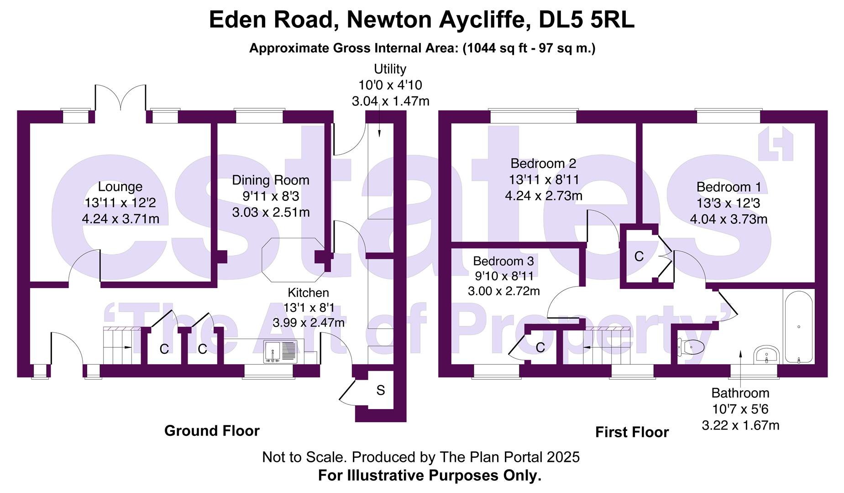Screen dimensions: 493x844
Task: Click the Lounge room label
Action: click(x=120, y=187)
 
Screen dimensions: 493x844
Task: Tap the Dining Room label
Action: click(x=270, y=180)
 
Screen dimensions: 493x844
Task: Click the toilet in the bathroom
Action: click(x=691, y=347)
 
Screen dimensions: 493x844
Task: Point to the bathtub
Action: click(x=798, y=326)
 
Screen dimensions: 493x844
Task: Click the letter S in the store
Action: click(x=380, y=390)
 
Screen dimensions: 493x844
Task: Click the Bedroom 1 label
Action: click(x=729, y=187)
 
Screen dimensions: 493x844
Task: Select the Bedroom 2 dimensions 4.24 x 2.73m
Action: click(x=544, y=196)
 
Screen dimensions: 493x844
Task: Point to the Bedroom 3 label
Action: click(x=503, y=261)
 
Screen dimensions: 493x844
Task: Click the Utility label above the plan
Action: click(x=390, y=69)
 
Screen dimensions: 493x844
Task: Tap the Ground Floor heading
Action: click(x=212, y=430)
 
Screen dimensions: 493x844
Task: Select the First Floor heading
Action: click(x=632, y=432)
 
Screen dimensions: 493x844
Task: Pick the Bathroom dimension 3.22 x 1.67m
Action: click(x=740, y=425)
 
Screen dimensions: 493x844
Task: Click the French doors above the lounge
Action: click(x=121, y=98)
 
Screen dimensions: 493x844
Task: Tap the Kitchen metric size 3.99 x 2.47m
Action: click(x=309, y=323)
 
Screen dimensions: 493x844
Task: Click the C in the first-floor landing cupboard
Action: click(x=639, y=257)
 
